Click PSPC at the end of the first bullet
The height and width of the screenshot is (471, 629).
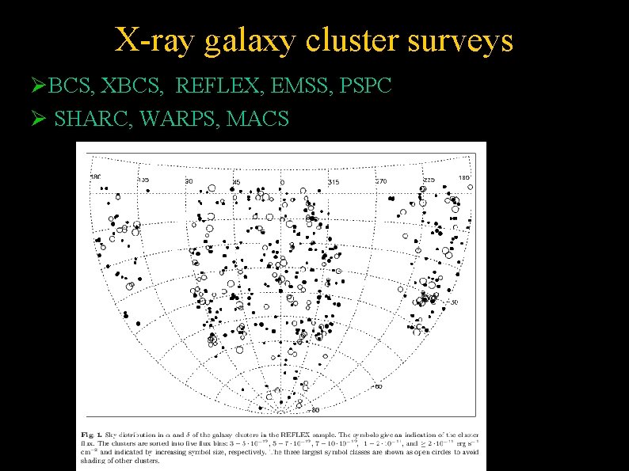[x=365, y=85]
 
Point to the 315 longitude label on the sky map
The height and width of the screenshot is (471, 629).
[x=334, y=182]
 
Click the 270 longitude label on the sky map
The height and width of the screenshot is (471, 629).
[x=380, y=181]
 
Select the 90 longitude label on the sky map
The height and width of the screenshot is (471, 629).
[x=189, y=181]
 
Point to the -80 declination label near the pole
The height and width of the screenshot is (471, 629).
[x=314, y=410]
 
